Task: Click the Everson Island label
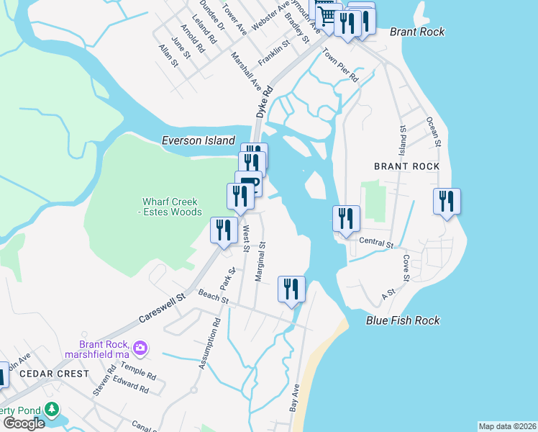[x=199, y=140]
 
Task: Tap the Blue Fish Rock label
[x=402, y=320]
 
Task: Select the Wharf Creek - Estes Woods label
[x=173, y=207]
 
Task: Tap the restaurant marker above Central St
[x=346, y=218]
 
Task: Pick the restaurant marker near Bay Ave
[x=291, y=289]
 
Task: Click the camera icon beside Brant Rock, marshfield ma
[x=140, y=348]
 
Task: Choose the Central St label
[x=375, y=244]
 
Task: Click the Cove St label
[x=406, y=267]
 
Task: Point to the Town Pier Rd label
[x=339, y=63]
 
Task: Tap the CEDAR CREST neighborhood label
[x=55, y=374]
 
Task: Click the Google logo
[x=23, y=423]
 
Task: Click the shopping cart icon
[x=327, y=14]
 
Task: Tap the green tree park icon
[x=52, y=410]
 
